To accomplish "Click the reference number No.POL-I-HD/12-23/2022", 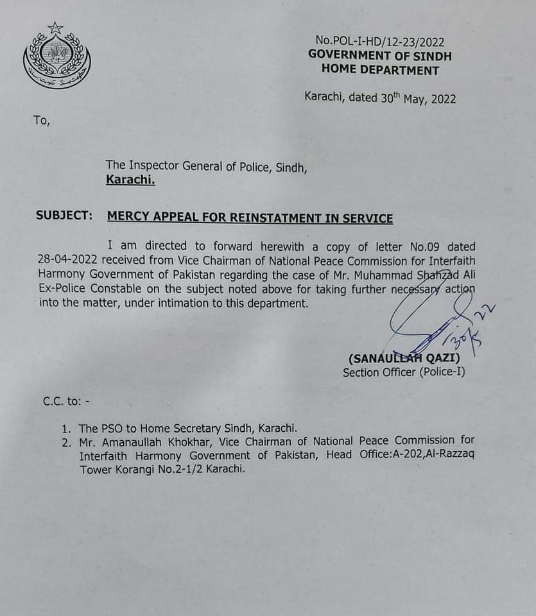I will [380, 42].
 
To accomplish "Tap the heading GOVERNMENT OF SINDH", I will [380, 56].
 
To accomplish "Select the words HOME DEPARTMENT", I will [380, 71].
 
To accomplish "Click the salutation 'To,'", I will [40, 120].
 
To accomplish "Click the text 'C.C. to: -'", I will [67, 402].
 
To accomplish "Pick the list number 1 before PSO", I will [66, 427].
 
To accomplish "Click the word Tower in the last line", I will [96, 469].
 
